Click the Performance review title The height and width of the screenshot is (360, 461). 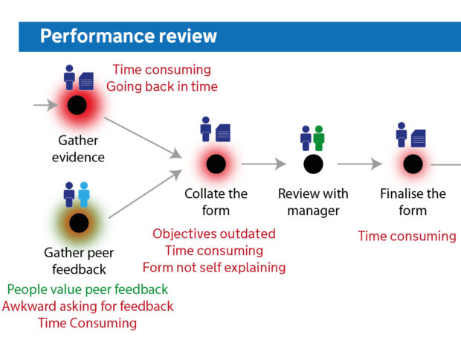point(129,36)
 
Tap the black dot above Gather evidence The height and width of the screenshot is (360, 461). point(77,105)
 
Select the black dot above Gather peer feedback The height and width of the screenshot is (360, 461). point(79,223)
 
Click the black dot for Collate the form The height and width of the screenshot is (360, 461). point(216,164)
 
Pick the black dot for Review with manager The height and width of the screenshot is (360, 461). point(314,164)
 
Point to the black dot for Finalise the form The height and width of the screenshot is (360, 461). point(413,164)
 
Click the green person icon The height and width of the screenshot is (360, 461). point(319,138)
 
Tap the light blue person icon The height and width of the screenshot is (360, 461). point(84,194)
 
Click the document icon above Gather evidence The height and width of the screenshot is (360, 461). point(86,81)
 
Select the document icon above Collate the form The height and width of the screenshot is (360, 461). point(223,133)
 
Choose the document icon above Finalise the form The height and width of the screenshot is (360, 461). point(419,138)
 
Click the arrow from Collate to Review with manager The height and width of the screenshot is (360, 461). point(264,164)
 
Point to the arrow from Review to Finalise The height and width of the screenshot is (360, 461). point(360,164)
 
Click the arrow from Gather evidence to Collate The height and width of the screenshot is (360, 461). point(144,138)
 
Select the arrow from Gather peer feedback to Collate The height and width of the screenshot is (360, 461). point(146,194)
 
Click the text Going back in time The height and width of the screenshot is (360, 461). point(162,86)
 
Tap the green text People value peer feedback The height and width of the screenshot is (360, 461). point(88,289)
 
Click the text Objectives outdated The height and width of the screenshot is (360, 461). point(214,234)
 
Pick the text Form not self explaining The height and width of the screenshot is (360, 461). point(214,268)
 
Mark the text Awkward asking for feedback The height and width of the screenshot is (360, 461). point(88,306)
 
